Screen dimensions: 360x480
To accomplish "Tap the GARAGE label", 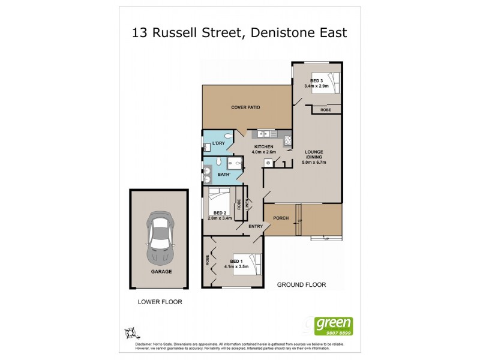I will [161, 271].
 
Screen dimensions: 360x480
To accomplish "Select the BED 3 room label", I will [317, 81].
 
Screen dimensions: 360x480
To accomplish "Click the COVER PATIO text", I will [245, 107].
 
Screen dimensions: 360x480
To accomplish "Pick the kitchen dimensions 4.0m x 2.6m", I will [264, 152].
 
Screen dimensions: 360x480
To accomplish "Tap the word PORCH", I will [281, 218].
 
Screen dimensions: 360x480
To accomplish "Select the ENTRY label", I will [256, 226].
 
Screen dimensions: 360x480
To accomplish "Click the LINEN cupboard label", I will [246, 205].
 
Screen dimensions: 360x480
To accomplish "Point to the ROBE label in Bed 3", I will [326, 110].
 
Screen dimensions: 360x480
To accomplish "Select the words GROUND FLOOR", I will [301, 285].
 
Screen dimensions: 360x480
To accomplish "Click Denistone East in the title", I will [298, 32].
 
